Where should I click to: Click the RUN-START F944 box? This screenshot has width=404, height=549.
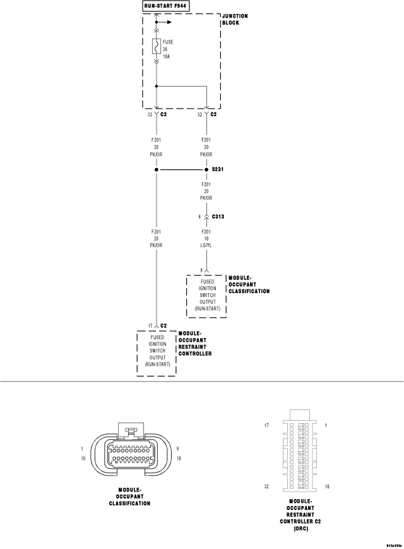pos(166,6)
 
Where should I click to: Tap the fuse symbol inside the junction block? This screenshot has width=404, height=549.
pos(157,46)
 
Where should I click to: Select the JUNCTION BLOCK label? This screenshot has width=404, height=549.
pos(235,19)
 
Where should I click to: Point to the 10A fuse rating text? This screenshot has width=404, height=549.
pos(166,56)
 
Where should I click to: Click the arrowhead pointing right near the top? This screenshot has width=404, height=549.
pos(169,22)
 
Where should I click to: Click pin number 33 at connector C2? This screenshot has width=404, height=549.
pos(150,114)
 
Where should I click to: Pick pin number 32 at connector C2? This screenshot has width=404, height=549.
pos(199,114)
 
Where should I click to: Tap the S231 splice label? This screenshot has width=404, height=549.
pos(218,169)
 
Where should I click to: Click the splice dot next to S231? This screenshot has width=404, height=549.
pos(206,170)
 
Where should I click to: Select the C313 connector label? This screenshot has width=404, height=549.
pos(218,217)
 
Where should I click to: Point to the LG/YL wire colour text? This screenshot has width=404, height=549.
pos(206,246)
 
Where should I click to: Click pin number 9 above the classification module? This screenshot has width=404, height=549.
pos(201,270)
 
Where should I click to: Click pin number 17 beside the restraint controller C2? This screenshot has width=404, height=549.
pos(150,326)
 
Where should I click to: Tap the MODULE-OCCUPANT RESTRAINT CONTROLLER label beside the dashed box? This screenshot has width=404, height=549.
pos(195,344)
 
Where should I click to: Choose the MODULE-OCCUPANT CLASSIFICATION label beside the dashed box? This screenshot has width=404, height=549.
pos(249,285)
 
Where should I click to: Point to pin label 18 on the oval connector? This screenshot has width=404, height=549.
pos(179,458)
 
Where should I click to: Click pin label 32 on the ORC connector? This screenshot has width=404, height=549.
pos(266,486)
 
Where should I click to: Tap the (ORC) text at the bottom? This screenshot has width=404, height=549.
pos(301,528)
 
